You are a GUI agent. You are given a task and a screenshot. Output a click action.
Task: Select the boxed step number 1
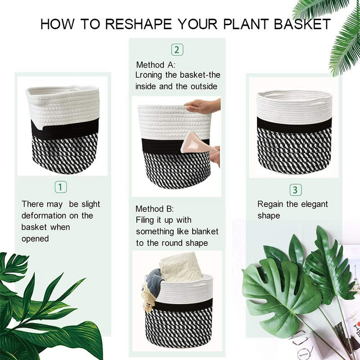point(61,186)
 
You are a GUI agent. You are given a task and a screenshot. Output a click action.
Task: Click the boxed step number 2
point(177,49)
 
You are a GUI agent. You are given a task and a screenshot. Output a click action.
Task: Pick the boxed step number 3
point(295,189)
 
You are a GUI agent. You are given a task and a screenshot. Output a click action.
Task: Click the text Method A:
point(156,65)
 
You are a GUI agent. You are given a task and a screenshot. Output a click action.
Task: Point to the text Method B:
point(155,209)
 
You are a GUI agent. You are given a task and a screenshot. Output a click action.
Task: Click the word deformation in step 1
point(44,216)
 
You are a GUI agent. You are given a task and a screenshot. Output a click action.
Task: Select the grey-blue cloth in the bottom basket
point(155,282)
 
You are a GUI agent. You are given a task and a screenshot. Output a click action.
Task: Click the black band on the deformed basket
point(63,127)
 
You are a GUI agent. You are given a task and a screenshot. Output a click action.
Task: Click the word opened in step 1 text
point(35,238)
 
